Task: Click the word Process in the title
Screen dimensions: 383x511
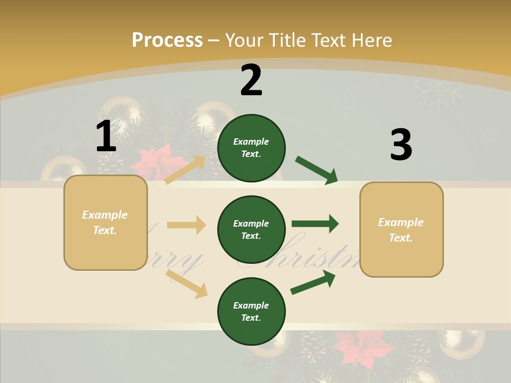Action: pyautogui.click(x=167, y=40)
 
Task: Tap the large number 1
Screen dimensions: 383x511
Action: pyautogui.click(x=106, y=137)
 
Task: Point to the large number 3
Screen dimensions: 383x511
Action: pyautogui.click(x=401, y=145)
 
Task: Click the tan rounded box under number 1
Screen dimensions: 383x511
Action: pyautogui.click(x=105, y=222)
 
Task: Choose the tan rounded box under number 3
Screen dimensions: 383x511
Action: pyautogui.click(x=401, y=229)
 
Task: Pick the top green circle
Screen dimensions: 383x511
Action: pyautogui.click(x=251, y=148)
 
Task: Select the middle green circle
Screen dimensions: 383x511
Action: pyautogui.click(x=251, y=229)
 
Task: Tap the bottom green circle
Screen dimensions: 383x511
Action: pyautogui.click(x=251, y=311)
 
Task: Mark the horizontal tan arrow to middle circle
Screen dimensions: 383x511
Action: pyautogui.click(x=186, y=225)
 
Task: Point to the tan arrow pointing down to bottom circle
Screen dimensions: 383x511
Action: pyautogui.click(x=186, y=283)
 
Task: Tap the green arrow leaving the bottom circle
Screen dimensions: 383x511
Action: pyautogui.click(x=313, y=282)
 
